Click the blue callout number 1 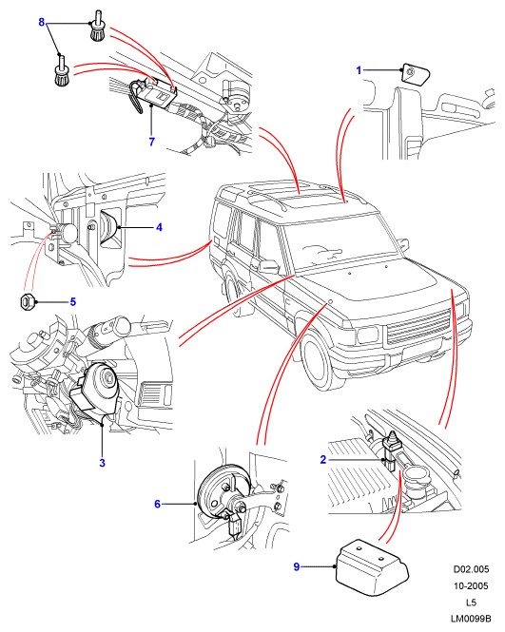tap(359, 70)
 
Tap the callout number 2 tap(322, 459)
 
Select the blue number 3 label tap(102, 463)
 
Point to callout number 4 tap(160, 227)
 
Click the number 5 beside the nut tap(73, 302)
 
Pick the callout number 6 tap(157, 504)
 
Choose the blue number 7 tap(151, 142)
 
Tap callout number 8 tap(42, 22)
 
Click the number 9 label tap(297, 567)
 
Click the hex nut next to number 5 tap(27, 301)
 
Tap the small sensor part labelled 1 tap(416, 74)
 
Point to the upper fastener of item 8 tap(97, 29)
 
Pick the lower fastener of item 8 tap(63, 71)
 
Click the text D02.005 tap(471, 569)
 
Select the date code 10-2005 tap(471, 585)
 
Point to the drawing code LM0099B tap(471, 619)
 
